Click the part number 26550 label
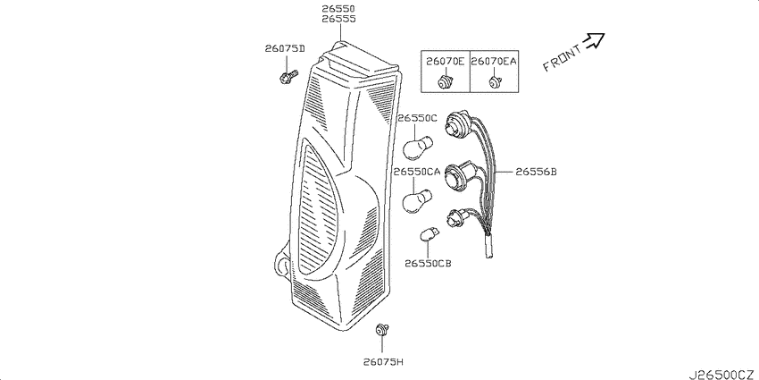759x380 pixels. (338, 9)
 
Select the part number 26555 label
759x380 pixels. (338, 19)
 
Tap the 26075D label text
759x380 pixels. (285, 48)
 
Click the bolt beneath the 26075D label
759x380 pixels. (288, 76)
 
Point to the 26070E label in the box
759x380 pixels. (446, 61)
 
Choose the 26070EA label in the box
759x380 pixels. (494, 61)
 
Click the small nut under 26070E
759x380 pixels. (445, 82)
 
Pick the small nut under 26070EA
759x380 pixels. (494, 83)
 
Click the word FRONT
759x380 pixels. (562, 59)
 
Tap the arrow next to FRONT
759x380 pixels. (594, 41)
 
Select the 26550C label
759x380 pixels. (417, 118)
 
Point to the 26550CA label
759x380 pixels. (417, 172)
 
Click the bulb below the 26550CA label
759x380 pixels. (417, 200)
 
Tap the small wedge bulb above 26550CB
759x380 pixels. (429, 234)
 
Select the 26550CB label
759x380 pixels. (428, 263)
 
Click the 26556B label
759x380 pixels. (536, 172)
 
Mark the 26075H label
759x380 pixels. (382, 361)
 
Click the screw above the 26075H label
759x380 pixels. (382, 330)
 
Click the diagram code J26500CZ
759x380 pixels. (721, 374)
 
